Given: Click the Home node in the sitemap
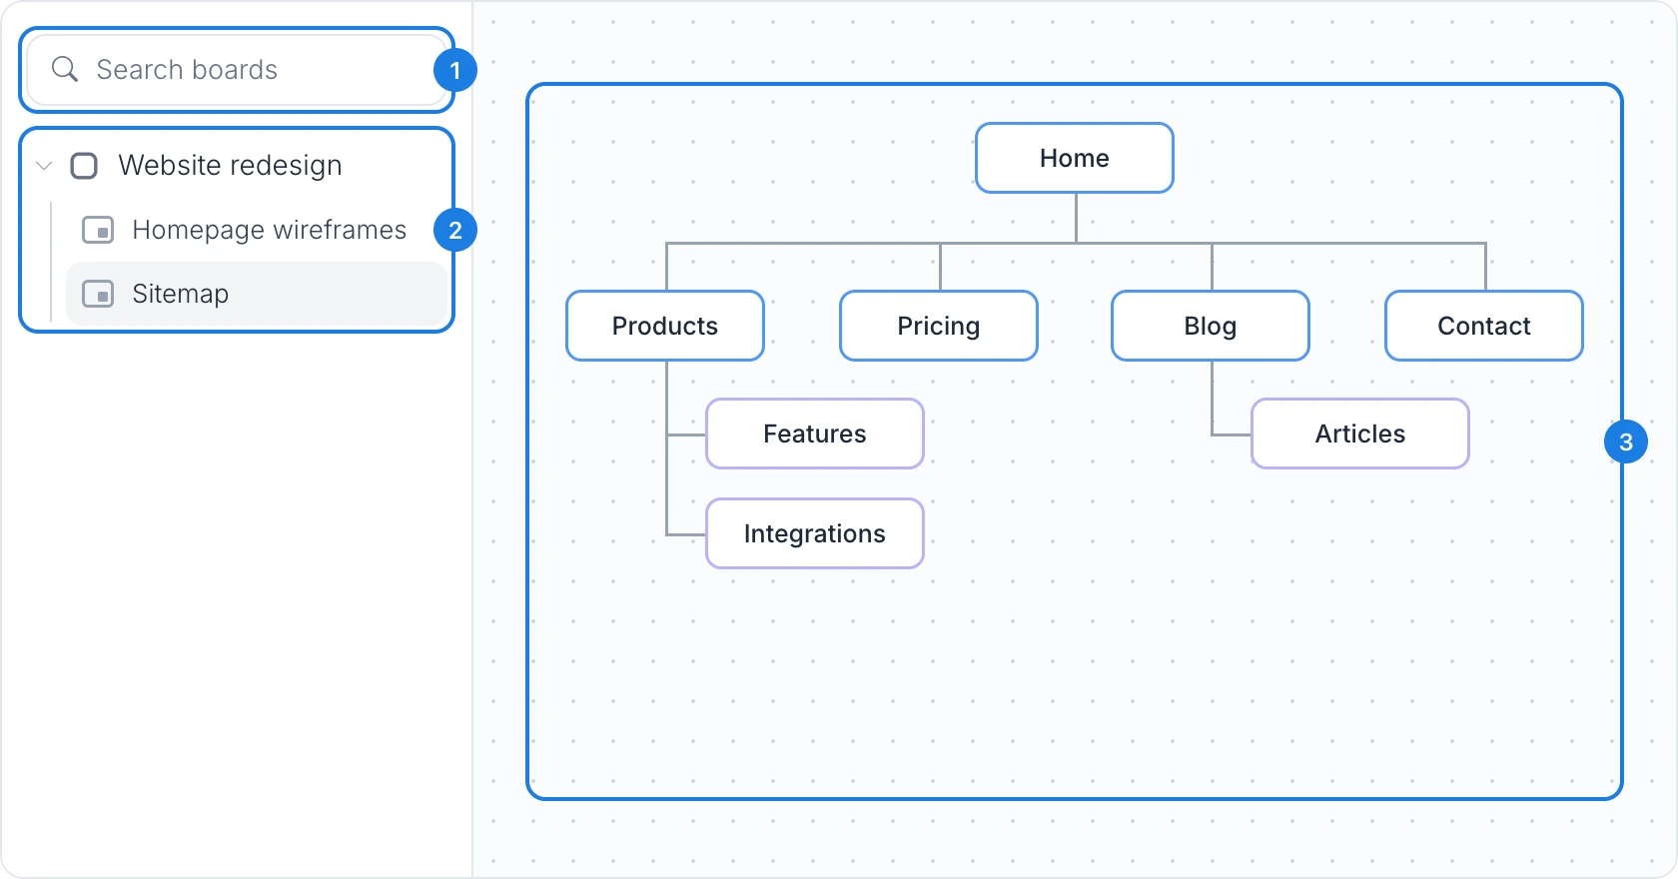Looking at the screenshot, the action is click(x=1075, y=158).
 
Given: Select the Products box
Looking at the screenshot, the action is click(x=665, y=326).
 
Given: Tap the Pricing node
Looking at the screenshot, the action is click(x=939, y=326).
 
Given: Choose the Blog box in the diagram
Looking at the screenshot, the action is click(x=1211, y=326).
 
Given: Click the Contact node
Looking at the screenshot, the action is click(x=1484, y=326).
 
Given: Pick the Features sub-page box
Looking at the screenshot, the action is click(x=815, y=434).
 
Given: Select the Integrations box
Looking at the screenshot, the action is click(x=815, y=533).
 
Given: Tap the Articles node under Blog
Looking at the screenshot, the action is click(x=1360, y=434).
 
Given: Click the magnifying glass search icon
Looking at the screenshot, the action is click(x=64, y=69).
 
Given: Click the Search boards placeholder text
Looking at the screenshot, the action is click(x=187, y=70).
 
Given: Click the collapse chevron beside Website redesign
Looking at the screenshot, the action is click(x=44, y=166).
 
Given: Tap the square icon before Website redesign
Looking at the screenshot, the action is click(x=84, y=166).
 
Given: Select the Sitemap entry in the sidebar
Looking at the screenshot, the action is click(x=256, y=294).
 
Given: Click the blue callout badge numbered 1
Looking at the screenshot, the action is click(x=455, y=71).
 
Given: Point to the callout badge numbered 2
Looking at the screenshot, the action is click(x=455, y=230).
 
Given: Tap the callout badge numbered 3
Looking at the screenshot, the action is click(x=1626, y=442).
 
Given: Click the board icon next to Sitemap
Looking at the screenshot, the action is click(x=98, y=294).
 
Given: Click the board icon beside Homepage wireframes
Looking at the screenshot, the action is click(x=98, y=230).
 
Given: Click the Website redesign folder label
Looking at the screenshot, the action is click(x=230, y=166).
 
